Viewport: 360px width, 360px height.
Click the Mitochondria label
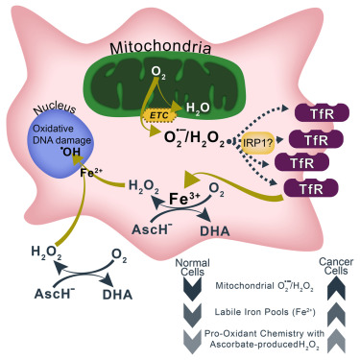pos(160,48)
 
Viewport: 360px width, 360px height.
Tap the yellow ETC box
pos(160,115)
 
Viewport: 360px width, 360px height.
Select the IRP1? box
pos(258,142)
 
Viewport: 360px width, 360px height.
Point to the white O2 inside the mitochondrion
pos(158,72)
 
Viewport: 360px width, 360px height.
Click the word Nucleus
pos(55,108)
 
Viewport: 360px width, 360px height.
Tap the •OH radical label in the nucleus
pos(71,152)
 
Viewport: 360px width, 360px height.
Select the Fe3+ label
pos(184,199)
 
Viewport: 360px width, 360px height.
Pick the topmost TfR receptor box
pos(322,113)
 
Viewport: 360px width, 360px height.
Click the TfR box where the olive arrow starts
pos(311,188)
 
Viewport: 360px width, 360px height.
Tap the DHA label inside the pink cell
pos(215,230)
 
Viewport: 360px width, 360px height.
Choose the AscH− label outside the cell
pos(55,293)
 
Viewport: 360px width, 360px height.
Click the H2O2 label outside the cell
pos(46,252)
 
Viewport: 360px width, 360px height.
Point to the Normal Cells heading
pos(193,268)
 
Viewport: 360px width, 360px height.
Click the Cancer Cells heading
pos(336,267)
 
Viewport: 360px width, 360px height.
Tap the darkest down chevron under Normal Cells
pos(193,289)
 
